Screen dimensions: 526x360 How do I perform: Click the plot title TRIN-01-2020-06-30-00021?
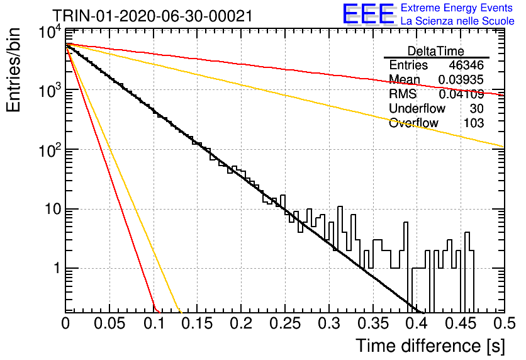tap(153, 16)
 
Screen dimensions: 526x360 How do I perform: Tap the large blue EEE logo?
tap(369, 14)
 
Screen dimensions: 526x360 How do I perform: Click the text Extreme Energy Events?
tap(457, 8)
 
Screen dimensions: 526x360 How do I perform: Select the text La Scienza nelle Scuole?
tap(457, 21)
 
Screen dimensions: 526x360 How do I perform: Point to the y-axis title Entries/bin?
tap(14, 70)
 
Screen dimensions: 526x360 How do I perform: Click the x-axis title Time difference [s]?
tap(430, 346)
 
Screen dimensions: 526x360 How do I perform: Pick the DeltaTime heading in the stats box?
tap(435, 51)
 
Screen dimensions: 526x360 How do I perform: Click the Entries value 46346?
tap(466, 65)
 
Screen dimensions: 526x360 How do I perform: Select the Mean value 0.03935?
tap(461, 79)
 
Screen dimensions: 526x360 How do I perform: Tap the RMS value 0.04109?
tap(461, 94)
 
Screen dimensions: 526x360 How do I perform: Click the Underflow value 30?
tap(476, 108)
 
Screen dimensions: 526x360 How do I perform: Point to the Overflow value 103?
tap(474, 123)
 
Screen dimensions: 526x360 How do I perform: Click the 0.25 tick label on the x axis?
tap(285, 323)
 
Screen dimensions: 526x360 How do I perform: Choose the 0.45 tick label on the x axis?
tap(461, 323)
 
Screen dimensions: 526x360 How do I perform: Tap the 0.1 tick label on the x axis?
tap(154, 323)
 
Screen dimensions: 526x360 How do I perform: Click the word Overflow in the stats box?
tap(413, 123)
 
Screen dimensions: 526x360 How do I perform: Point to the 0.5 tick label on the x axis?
tap(505, 323)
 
